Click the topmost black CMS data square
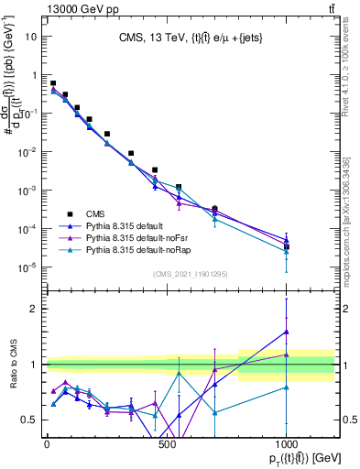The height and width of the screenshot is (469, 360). click(x=53, y=83)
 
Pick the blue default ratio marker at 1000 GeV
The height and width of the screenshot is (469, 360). click(x=287, y=332)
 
